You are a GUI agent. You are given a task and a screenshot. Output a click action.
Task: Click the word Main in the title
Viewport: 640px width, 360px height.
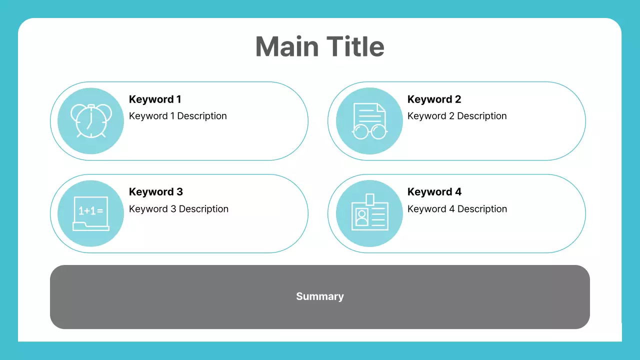click(287, 46)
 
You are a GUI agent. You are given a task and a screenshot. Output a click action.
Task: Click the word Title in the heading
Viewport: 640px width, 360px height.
click(356, 46)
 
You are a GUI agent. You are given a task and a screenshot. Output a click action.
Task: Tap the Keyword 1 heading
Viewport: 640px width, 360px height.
click(155, 99)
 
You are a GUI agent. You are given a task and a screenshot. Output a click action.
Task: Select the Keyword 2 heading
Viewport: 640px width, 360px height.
click(434, 99)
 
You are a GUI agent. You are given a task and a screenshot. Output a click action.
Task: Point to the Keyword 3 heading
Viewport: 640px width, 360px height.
click(155, 192)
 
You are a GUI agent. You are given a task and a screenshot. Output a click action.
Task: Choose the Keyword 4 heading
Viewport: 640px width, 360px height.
click(434, 192)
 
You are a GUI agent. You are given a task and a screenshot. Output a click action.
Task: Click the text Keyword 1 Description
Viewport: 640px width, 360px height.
click(177, 116)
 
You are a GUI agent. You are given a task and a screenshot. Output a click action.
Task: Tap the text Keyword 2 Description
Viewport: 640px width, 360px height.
click(457, 116)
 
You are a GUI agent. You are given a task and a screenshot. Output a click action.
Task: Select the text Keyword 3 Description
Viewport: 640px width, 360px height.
click(178, 209)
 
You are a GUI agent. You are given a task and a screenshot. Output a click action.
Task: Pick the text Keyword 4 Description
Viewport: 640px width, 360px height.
click(457, 209)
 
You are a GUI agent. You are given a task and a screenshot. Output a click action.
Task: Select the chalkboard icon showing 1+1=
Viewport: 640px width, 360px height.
click(91, 213)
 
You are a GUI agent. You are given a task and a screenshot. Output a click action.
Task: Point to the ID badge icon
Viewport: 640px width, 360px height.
click(369, 213)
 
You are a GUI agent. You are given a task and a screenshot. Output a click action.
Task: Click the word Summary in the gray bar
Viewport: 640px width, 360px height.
click(320, 296)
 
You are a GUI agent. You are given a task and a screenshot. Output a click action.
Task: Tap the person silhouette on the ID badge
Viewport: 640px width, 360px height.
click(361, 217)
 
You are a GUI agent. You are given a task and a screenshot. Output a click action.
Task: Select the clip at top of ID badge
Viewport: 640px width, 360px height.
click(369, 199)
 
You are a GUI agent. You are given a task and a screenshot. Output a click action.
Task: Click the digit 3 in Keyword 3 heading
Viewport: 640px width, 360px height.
click(179, 192)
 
